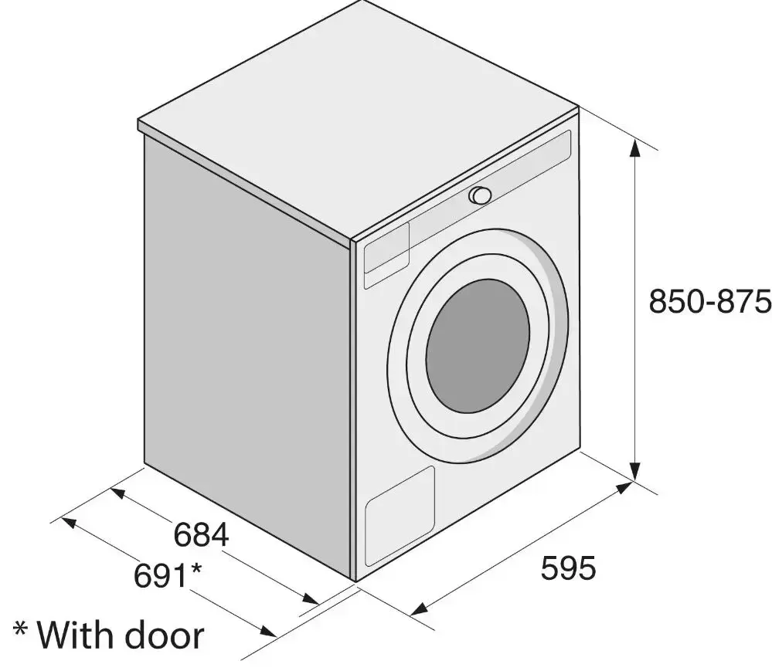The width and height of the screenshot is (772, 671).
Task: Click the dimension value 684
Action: [x=201, y=535]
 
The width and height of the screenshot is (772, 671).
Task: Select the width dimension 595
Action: [x=568, y=569]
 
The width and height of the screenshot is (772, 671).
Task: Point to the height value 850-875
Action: [x=709, y=301]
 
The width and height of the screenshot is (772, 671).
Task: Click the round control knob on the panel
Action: [x=480, y=195]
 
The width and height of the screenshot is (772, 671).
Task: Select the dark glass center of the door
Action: [x=478, y=345]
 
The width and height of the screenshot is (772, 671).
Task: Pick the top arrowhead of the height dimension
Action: [x=635, y=147]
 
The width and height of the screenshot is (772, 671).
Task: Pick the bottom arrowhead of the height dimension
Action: [x=635, y=473]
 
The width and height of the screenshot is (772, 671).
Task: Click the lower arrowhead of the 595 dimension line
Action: [x=419, y=609]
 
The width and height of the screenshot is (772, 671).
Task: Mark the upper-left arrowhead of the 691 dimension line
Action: [x=68, y=522]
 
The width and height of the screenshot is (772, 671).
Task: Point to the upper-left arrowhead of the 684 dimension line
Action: [x=117, y=492]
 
